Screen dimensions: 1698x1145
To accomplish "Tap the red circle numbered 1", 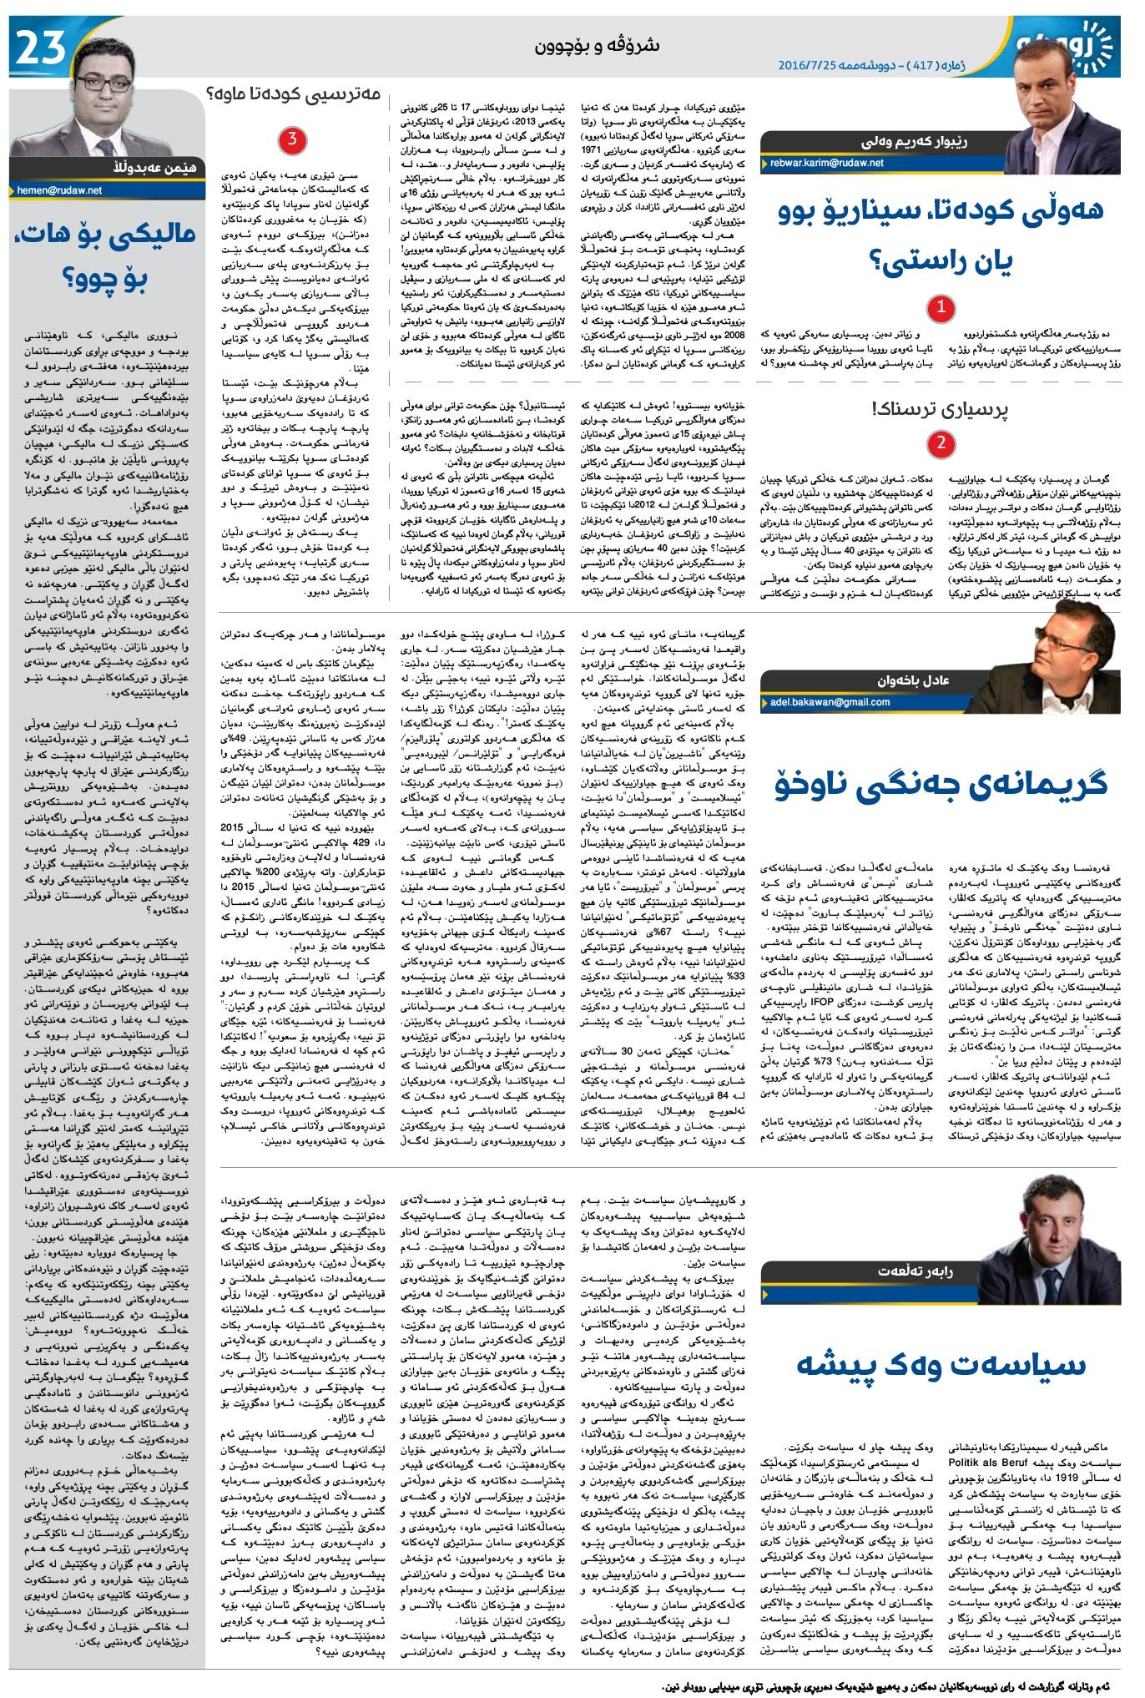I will [941, 309].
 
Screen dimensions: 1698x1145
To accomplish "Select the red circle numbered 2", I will [941, 443].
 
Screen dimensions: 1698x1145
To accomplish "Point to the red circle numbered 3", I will [291, 139].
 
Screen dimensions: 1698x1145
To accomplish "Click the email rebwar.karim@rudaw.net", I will [826, 164].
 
